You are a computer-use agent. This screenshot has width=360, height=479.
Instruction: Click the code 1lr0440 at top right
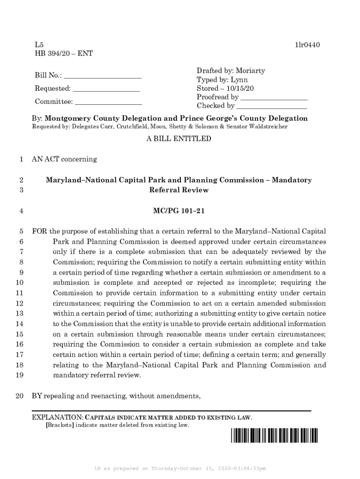307,45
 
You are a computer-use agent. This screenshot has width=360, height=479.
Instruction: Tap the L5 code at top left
39,45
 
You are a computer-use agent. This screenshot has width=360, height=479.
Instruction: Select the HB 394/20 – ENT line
64,54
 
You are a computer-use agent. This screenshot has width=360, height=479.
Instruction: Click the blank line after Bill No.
103,76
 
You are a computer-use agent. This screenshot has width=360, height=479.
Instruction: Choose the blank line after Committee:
108,102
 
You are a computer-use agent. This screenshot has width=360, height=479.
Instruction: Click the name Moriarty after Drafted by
249,71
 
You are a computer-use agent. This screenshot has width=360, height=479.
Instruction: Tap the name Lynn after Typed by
238,80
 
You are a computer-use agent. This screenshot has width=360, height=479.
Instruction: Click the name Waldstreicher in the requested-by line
268,127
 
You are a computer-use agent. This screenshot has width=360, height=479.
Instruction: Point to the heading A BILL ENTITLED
179,139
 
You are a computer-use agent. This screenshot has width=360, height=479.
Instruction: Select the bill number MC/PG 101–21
179,211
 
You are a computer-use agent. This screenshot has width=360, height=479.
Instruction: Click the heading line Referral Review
179,190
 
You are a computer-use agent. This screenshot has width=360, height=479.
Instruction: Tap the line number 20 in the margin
20,397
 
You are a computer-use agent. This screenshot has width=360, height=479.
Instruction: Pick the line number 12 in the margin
20,303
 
